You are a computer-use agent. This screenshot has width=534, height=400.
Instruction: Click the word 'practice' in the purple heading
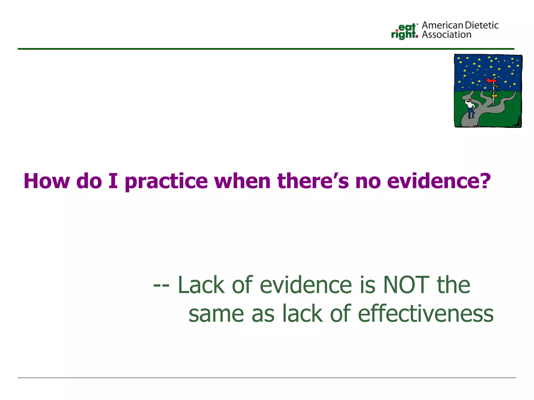coord(166,182)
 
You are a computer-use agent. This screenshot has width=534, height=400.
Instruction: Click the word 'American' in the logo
coord(442,26)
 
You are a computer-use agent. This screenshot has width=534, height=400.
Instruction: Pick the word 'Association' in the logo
coord(446,35)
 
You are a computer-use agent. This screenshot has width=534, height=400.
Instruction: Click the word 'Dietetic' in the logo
coord(482,26)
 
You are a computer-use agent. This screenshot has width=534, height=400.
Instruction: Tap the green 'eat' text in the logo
coord(407,27)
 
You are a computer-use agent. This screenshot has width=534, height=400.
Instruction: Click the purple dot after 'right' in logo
coord(417,36)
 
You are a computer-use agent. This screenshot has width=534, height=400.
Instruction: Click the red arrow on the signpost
coord(491,80)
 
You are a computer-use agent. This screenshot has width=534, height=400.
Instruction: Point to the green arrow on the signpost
coord(495,86)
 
